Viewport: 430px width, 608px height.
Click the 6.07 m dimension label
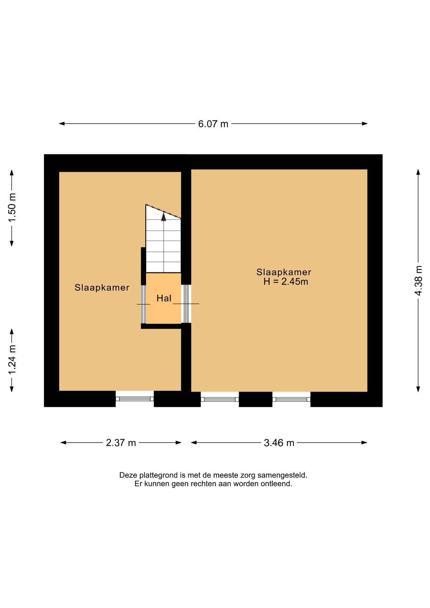tap(213, 124)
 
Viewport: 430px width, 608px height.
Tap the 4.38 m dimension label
tap(418, 281)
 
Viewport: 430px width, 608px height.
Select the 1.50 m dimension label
tap(12, 208)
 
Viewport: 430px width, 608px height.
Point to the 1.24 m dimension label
tap(12, 360)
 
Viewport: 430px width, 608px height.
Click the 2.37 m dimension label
tap(121, 443)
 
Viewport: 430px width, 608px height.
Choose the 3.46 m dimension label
tap(279, 443)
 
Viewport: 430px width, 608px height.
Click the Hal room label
tap(164, 298)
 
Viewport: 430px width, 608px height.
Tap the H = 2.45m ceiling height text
tap(286, 282)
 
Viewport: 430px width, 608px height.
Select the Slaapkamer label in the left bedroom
tap(102, 288)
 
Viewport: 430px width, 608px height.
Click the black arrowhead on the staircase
tap(164, 217)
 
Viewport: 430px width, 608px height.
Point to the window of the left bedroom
tap(135, 399)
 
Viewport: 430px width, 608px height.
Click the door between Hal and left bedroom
tap(143, 304)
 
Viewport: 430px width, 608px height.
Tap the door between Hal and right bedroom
tap(186, 304)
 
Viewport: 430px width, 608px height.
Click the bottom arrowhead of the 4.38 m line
tap(418, 389)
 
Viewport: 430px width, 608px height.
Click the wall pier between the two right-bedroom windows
tap(256, 399)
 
